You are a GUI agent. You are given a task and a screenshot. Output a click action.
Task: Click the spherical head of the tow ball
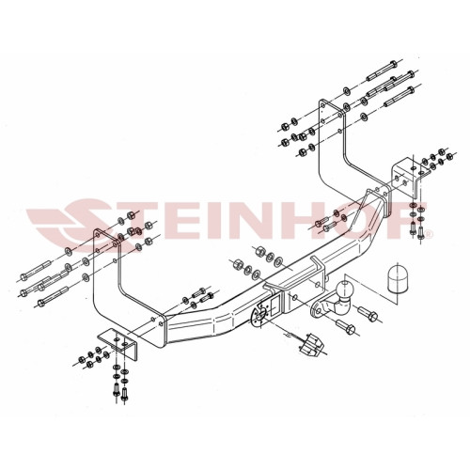(345, 288)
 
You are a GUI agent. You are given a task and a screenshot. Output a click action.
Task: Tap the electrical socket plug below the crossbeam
(310, 345)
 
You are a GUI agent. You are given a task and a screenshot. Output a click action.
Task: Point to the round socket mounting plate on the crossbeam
(259, 316)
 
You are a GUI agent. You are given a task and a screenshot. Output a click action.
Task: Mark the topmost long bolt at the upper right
(382, 70)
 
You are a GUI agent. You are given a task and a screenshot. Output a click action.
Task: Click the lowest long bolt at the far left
(53, 295)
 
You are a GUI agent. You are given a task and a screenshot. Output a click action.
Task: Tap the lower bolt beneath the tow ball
(345, 326)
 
